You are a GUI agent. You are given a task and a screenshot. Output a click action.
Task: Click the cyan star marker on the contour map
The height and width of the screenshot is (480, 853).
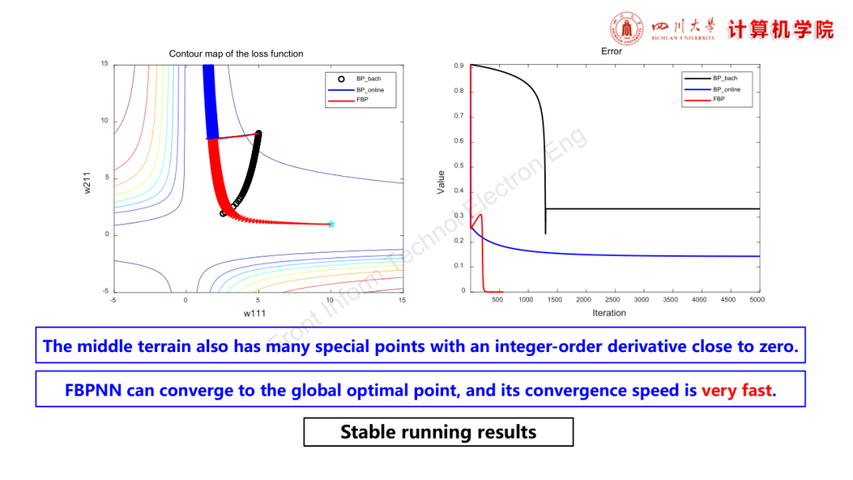[x=331, y=224]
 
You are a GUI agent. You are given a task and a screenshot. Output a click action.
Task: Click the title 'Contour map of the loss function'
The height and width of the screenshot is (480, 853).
[x=236, y=54]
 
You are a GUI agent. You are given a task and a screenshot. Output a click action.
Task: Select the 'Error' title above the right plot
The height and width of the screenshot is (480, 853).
[x=611, y=51]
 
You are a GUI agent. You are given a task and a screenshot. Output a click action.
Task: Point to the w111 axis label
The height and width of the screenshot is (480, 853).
[x=254, y=313]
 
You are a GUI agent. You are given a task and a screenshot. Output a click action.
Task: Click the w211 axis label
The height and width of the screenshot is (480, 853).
[x=87, y=183]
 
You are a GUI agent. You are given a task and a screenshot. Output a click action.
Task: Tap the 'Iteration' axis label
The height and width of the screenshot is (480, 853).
[x=609, y=313]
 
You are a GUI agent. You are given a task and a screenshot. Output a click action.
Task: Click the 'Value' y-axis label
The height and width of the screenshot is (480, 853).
[x=442, y=182]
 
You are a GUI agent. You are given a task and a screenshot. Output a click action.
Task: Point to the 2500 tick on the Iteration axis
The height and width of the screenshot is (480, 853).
[x=613, y=299]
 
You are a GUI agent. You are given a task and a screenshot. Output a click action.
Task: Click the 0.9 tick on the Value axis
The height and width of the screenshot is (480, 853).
[x=459, y=66]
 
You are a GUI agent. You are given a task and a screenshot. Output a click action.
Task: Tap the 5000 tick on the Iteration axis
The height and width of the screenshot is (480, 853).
[x=757, y=299]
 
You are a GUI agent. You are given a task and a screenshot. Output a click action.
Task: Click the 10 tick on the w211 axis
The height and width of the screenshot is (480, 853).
[x=104, y=121]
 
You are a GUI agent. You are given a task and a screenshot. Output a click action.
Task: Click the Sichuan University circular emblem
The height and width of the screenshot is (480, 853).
[x=626, y=28]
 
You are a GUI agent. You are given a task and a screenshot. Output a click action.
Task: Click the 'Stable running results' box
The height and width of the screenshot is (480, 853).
[x=438, y=432]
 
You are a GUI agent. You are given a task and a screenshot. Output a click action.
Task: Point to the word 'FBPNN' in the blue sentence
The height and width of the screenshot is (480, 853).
[x=93, y=390]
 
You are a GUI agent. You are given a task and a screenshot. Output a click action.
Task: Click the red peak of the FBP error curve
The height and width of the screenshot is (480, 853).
[x=480, y=216]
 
